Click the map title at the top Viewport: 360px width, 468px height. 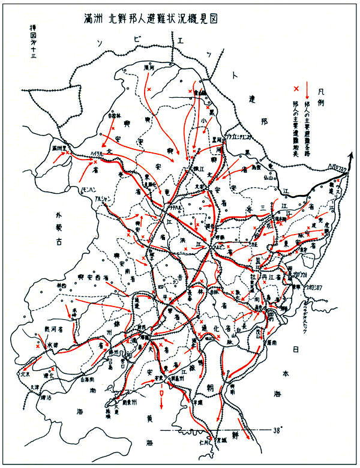point(151,19)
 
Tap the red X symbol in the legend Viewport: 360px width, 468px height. point(295,89)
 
